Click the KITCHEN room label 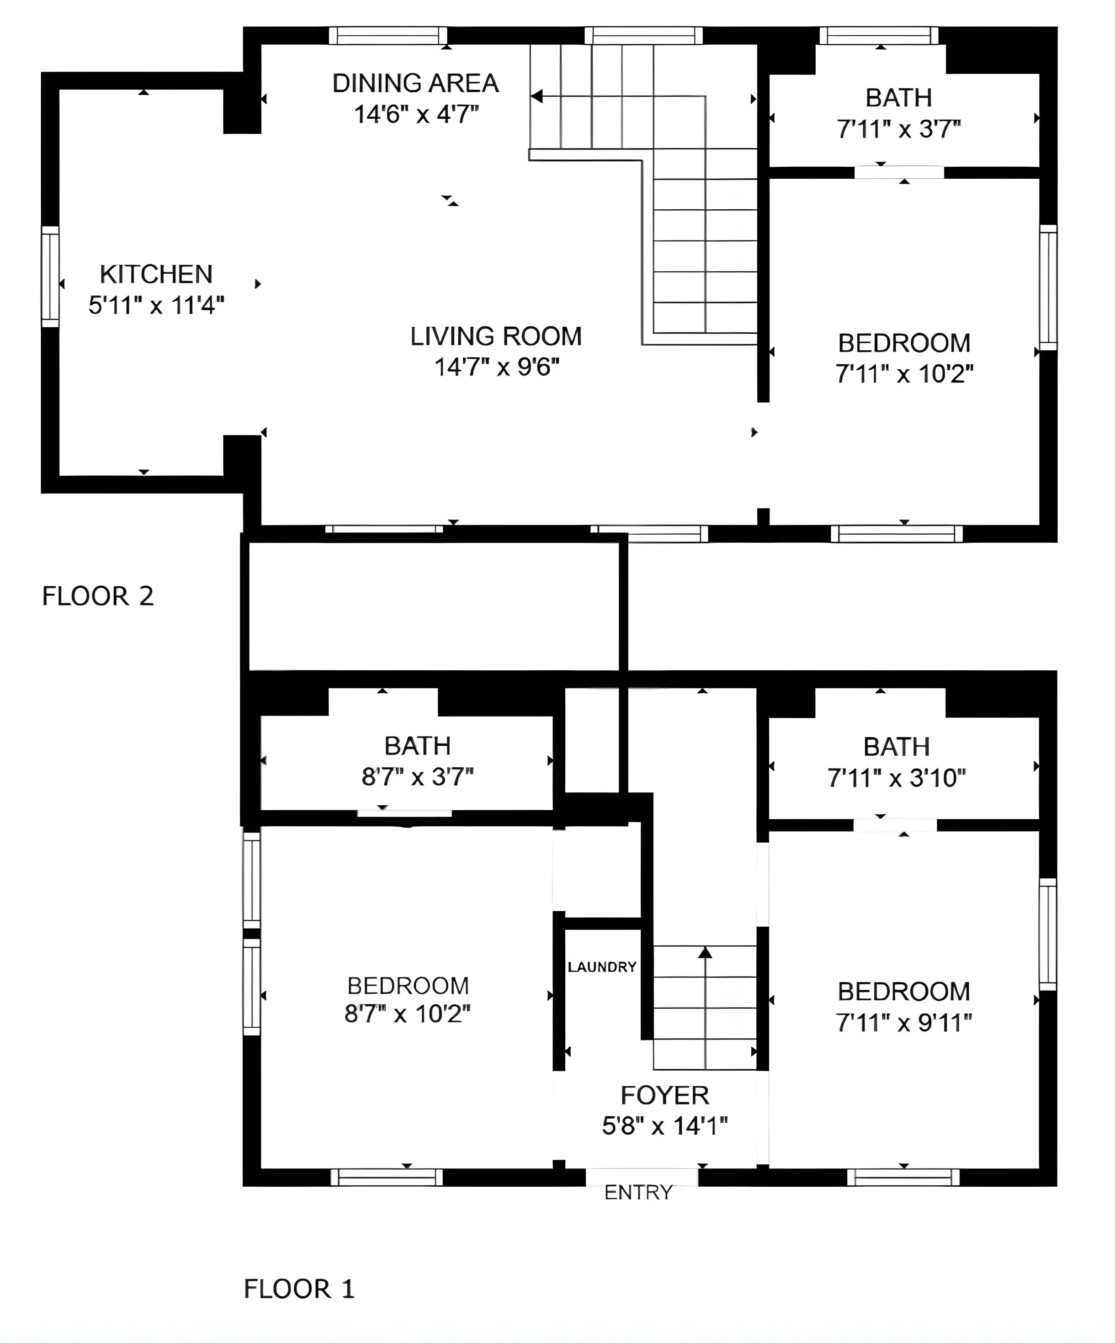coord(156,274)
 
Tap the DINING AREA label coord(416,84)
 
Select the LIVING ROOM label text coord(496,336)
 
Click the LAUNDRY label coord(602,966)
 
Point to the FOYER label coord(664,1095)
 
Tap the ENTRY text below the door coord(638,1192)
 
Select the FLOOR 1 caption coord(299,1289)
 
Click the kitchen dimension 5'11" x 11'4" coord(157,306)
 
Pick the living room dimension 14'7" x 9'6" coord(497,367)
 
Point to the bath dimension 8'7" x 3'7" coord(418,777)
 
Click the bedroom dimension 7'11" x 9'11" coord(904,1023)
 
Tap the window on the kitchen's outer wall coord(50,277)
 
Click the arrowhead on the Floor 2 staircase coord(537,96)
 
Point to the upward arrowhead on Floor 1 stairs coord(705,952)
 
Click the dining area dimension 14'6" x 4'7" coord(416,115)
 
